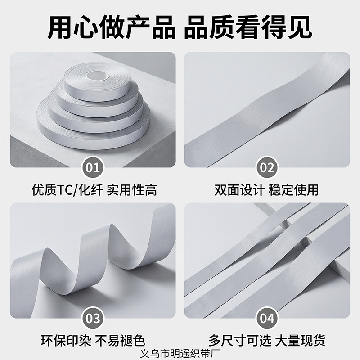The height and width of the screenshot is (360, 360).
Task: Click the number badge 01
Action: click(x=93, y=167)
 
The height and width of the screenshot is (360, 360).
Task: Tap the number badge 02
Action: click(x=267, y=167)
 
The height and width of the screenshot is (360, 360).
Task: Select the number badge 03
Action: click(x=93, y=318)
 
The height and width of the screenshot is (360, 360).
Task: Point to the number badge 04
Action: click(x=267, y=318)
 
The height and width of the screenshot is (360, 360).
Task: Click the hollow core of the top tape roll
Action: click(x=97, y=75)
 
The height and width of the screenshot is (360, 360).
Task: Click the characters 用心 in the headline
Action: click(x=73, y=27)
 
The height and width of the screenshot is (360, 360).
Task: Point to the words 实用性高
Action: click(x=132, y=190)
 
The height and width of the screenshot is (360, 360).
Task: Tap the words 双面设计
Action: click(x=239, y=190)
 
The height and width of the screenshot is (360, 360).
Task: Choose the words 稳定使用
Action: click(x=293, y=190)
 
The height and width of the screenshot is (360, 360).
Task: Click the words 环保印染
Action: click(x=66, y=341)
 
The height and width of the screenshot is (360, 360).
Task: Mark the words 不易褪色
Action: click(x=120, y=341)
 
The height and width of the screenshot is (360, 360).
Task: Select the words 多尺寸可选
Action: click(x=240, y=341)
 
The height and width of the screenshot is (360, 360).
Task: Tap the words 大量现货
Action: click(x=300, y=341)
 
